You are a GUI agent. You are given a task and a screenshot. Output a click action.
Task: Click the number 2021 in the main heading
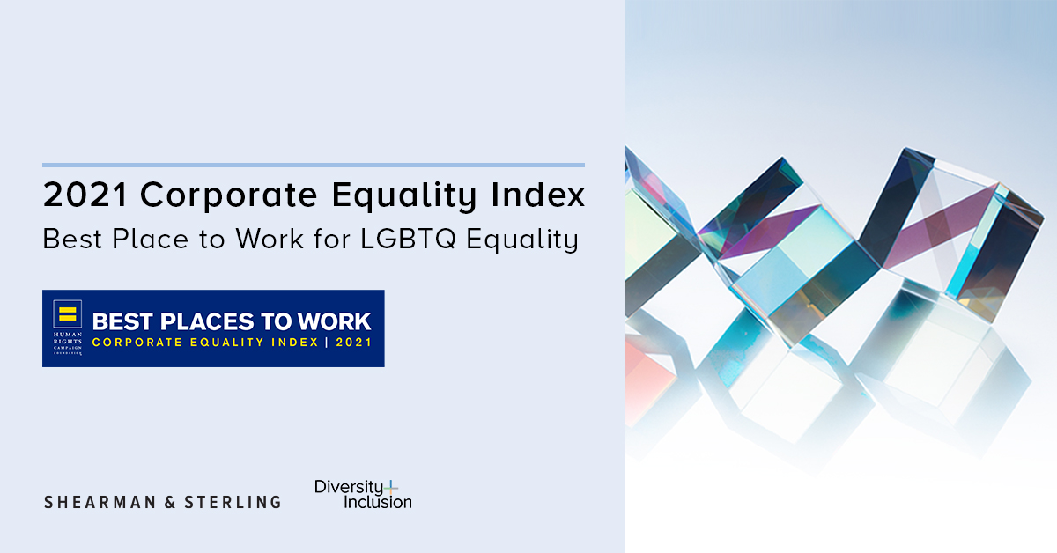tap(85, 195)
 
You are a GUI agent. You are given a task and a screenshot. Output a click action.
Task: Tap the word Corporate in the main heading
tap(229, 195)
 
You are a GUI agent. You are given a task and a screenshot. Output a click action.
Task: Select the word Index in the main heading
tap(537, 194)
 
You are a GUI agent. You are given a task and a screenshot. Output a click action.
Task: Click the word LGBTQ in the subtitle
tap(408, 239)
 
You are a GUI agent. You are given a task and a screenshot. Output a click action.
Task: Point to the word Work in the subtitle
tap(270, 239)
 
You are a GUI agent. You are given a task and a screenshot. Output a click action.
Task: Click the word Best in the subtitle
tap(72, 239)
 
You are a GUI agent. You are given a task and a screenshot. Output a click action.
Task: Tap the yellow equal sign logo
tap(68, 313)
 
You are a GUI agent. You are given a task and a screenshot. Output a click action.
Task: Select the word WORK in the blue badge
tap(334, 321)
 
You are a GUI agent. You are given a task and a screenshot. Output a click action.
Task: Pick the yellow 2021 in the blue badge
tap(354, 342)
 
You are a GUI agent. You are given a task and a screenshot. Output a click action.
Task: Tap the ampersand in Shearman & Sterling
tap(170, 502)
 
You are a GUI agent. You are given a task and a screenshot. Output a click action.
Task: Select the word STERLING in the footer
tap(233, 502)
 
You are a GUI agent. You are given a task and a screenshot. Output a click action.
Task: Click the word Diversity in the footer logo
tap(349, 488)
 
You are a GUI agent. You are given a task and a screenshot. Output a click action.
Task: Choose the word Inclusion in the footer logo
tap(378, 502)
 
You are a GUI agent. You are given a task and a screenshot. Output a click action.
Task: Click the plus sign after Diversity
tap(391, 488)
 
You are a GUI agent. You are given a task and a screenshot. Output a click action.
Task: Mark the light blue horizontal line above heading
tap(314, 166)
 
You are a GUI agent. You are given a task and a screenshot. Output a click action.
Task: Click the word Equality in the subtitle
tap(522, 240)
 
